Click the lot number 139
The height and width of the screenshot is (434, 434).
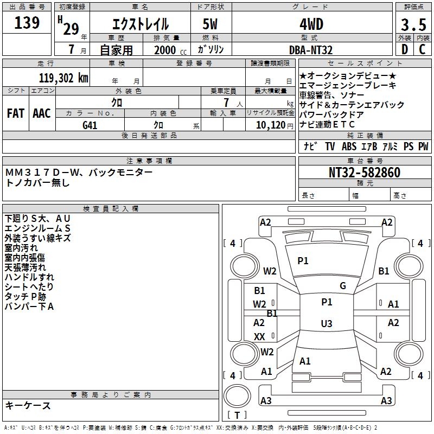click(x=27, y=23)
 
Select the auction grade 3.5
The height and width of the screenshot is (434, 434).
click(x=412, y=24)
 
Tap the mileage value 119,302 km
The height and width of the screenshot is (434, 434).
click(x=63, y=78)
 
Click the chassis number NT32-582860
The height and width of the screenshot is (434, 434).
click(x=365, y=173)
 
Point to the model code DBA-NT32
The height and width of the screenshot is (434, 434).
click(x=311, y=50)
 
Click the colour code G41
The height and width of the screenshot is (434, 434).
click(x=90, y=125)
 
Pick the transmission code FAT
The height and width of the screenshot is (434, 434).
click(x=15, y=113)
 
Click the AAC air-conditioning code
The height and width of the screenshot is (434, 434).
click(x=42, y=113)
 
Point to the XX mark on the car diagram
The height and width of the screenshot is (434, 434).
click(x=259, y=337)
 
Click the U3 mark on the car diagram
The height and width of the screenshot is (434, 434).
click(x=326, y=324)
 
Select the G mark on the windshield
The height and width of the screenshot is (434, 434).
click(x=342, y=286)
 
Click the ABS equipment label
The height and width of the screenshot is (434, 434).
click(x=349, y=146)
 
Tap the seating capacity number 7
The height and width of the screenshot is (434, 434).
click(x=225, y=103)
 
